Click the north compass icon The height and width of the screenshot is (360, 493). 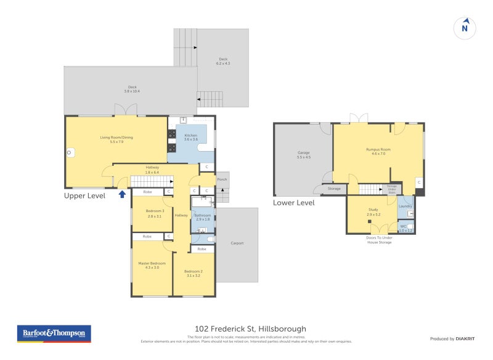[x=465, y=28]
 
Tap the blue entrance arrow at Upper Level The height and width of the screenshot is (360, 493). [x=122, y=194]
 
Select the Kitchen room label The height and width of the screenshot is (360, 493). [x=190, y=137]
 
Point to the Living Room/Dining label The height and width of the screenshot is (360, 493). [x=108, y=139]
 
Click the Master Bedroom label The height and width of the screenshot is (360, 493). [x=152, y=265]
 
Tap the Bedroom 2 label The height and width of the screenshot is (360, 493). [x=194, y=273]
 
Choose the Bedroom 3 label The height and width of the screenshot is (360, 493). [x=155, y=213]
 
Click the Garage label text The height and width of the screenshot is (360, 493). [x=303, y=155]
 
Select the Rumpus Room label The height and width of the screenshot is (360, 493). [x=375, y=151]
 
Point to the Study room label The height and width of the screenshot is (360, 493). [x=373, y=212]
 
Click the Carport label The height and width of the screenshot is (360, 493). [x=237, y=243]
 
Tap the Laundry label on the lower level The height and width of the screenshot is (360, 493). [x=405, y=206]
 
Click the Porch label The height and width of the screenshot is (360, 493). [x=222, y=180]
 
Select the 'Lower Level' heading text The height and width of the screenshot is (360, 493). [x=294, y=203]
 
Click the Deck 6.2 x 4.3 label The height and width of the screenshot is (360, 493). [x=222, y=62]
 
